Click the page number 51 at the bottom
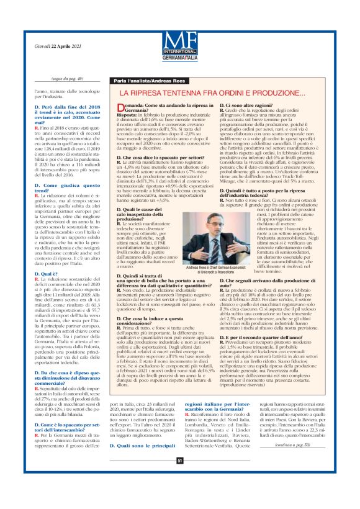point(180,495)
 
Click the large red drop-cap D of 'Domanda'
point(120,108)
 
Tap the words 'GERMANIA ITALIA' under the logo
point(180,56)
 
